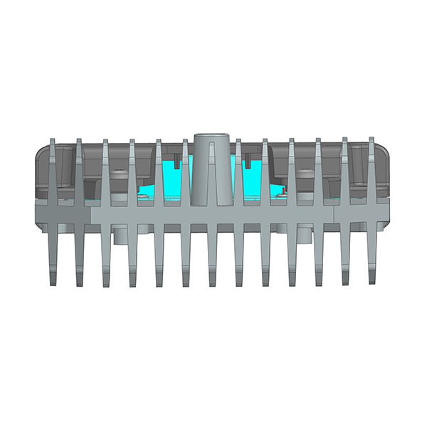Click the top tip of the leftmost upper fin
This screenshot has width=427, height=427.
(x=53, y=140)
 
